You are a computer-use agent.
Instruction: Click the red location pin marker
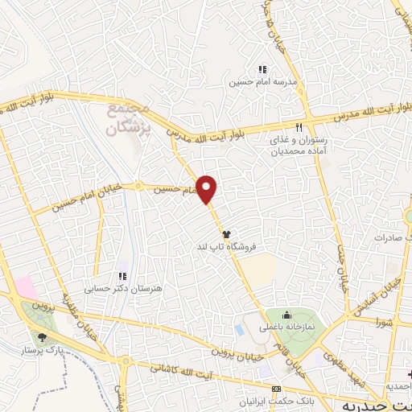[208, 189]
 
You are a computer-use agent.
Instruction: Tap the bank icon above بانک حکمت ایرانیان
[276, 388]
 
